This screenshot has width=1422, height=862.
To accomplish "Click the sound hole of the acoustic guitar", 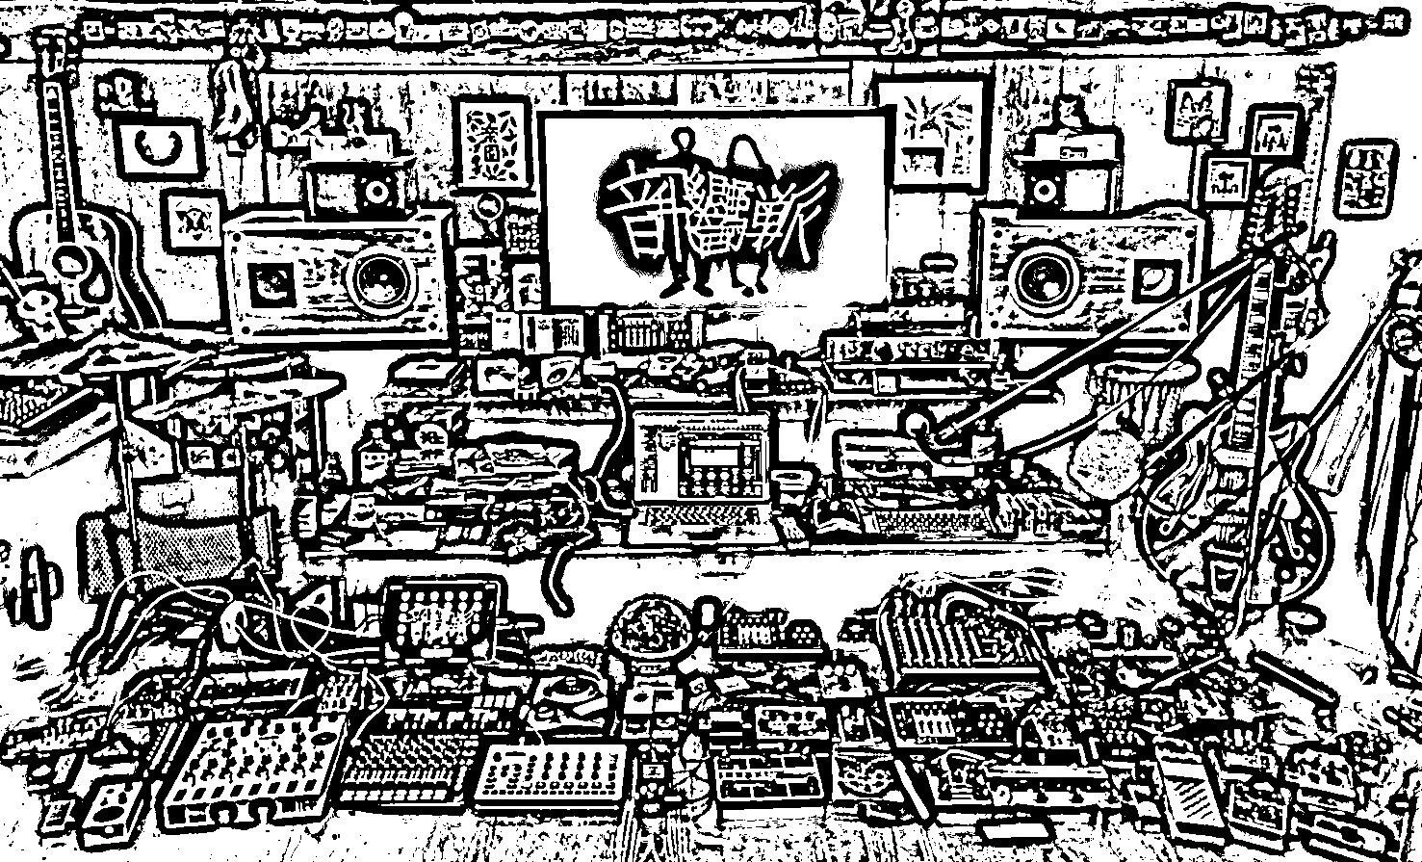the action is click(70, 258).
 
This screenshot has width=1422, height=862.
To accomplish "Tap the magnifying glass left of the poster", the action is click(492, 207).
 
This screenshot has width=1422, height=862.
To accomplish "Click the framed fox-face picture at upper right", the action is click(1200, 106).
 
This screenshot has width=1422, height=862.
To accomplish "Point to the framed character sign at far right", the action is click(1366, 178).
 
